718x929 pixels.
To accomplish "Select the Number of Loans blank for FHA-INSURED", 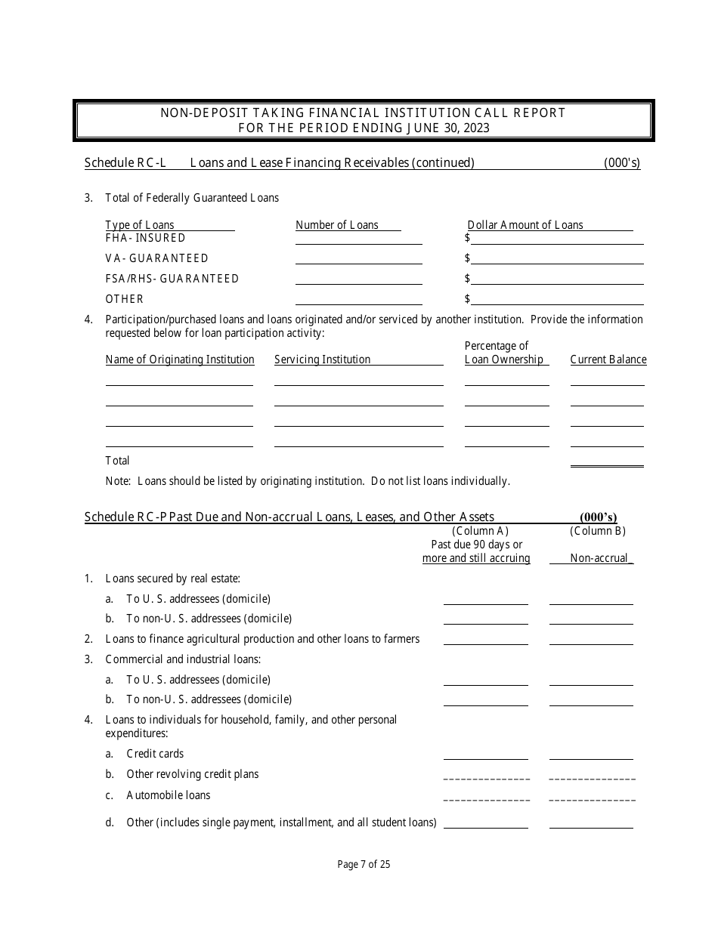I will pyautogui.click(x=358, y=239).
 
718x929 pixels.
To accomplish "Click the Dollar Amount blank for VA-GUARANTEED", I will pyautogui.click(x=557, y=258).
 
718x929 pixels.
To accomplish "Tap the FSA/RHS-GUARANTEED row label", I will pyautogui.click(x=172, y=279).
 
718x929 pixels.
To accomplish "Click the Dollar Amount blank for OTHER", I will pyautogui.click(x=557, y=299).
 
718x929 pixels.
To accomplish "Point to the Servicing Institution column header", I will pyautogui.click(x=322, y=360).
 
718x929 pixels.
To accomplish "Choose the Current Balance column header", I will pyautogui.click(x=608, y=360).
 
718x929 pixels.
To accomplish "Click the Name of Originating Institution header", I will pyautogui.click(x=180, y=360).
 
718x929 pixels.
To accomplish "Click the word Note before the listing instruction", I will pyautogui.click(x=117, y=480).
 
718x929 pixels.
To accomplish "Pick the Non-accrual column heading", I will pyautogui.click(x=599, y=558).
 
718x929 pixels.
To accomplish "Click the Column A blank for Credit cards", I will pyautogui.click(x=485, y=754).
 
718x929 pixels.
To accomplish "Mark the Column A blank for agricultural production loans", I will pyautogui.click(x=485, y=639).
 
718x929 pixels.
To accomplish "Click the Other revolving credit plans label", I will pyautogui.click(x=192, y=774).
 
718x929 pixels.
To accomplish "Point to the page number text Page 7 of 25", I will pyautogui.click(x=364, y=865).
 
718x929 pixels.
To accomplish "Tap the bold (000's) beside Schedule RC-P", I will pyautogui.click(x=599, y=517).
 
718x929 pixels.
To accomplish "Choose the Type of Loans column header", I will pyautogui.click(x=140, y=225).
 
